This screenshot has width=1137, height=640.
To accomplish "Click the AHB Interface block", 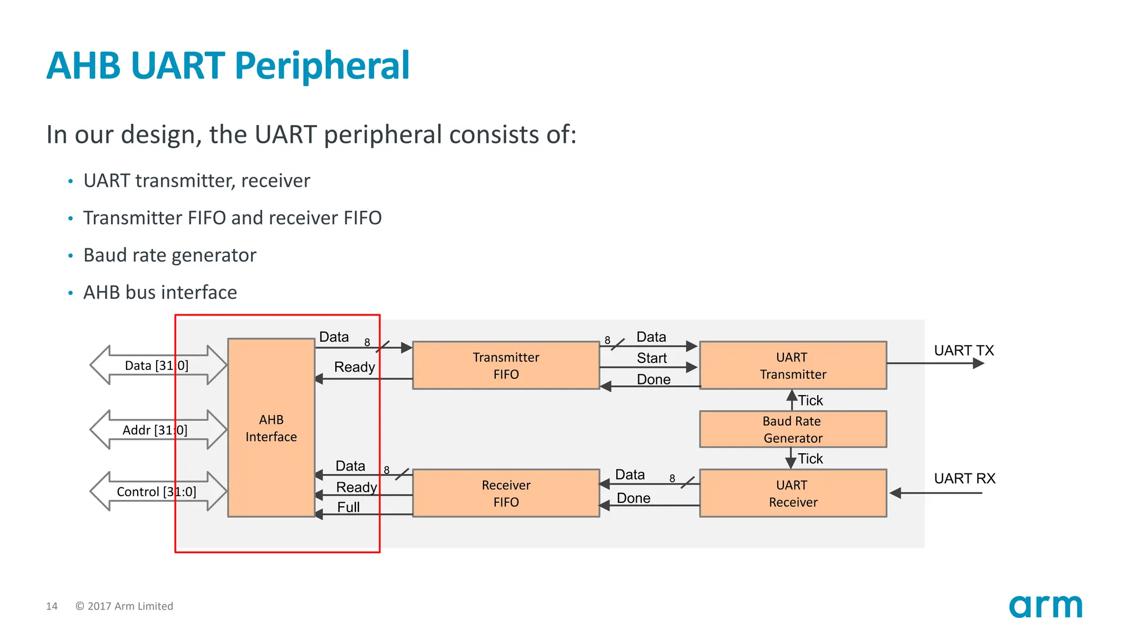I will click(271, 428).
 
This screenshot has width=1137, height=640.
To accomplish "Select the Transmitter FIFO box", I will click(506, 366).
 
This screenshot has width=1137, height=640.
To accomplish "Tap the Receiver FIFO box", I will click(506, 493).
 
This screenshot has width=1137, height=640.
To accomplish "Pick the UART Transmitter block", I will click(792, 366).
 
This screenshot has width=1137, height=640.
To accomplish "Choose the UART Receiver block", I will click(792, 493).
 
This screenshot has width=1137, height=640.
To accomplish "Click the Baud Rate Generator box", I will click(792, 429).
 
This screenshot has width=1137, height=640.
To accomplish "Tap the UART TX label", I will click(963, 351).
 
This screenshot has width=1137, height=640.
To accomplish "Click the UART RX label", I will click(964, 478).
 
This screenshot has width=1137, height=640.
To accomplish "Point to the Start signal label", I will click(651, 358).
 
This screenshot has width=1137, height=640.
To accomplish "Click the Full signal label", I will click(348, 507).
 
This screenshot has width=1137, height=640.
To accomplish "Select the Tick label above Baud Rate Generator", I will click(810, 401).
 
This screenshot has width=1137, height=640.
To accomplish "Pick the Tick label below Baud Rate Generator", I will click(810, 459).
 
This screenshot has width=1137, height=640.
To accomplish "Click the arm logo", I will click(1045, 606).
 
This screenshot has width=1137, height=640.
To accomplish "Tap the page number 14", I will click(52, 606).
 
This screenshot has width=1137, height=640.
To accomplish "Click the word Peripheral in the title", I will click(322, 66).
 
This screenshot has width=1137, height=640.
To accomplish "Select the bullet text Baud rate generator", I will click(169, 255).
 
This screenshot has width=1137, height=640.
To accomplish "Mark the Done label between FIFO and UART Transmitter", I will click(653, 379).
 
